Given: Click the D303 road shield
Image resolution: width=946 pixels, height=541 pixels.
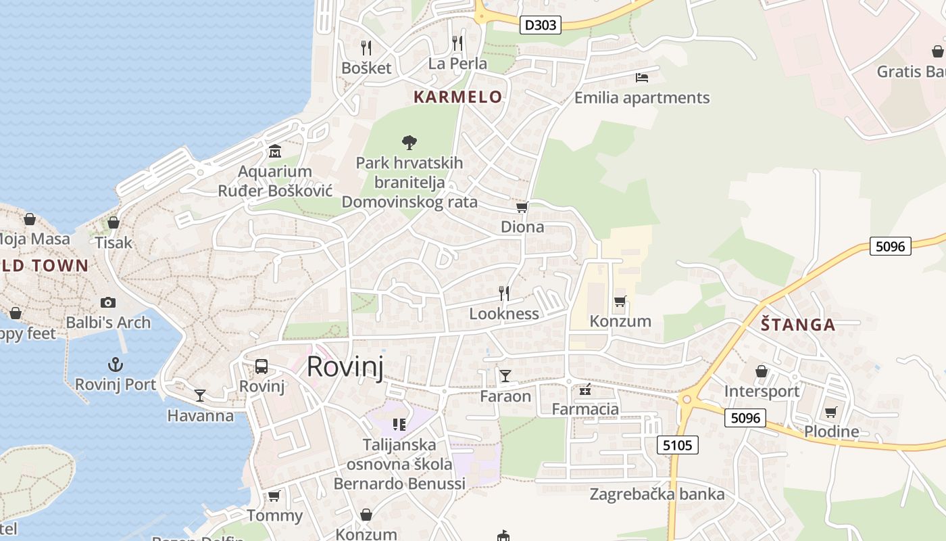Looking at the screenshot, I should (x=541, y=26).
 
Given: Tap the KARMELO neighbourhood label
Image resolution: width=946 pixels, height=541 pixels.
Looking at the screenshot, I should (x=457, y=97).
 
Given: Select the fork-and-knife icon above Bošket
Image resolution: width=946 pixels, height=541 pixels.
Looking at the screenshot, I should (x=366, y=47).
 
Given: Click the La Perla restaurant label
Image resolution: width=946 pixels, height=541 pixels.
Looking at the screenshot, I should (x=457, y=64).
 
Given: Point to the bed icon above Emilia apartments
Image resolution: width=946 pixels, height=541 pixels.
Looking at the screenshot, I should (x=642, y=78).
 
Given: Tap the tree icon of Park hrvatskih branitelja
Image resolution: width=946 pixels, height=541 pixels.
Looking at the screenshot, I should (x=409, y=142).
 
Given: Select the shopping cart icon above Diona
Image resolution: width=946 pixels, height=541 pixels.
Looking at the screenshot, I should (x=522, y=207).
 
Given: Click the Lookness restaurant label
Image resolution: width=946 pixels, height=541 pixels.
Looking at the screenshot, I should (x=504, y=314).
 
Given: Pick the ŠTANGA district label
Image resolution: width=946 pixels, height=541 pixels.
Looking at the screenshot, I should (x=798, y=325).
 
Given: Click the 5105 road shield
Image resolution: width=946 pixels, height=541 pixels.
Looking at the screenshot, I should (x=677, y=444).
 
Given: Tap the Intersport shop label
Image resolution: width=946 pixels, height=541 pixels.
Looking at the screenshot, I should (x=762, y=392).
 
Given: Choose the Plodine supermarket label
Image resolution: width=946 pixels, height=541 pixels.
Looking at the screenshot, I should (x=831, y=431).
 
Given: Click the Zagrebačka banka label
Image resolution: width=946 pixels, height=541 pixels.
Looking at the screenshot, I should (x=657, y=494).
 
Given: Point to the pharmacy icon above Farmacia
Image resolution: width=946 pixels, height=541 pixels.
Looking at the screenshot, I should (x=585, y=390).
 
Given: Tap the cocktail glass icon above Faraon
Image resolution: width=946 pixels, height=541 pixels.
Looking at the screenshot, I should (x=505, y=375).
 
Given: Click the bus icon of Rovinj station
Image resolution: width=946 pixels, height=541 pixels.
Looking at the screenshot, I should (x=262, y=367).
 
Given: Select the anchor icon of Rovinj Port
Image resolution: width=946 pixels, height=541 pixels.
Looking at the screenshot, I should (x=116, y=365).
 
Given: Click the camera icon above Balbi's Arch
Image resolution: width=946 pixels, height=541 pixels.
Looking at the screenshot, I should (x=107, y=302).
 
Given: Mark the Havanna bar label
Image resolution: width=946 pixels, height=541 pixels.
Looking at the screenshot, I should (x=200, y=415).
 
